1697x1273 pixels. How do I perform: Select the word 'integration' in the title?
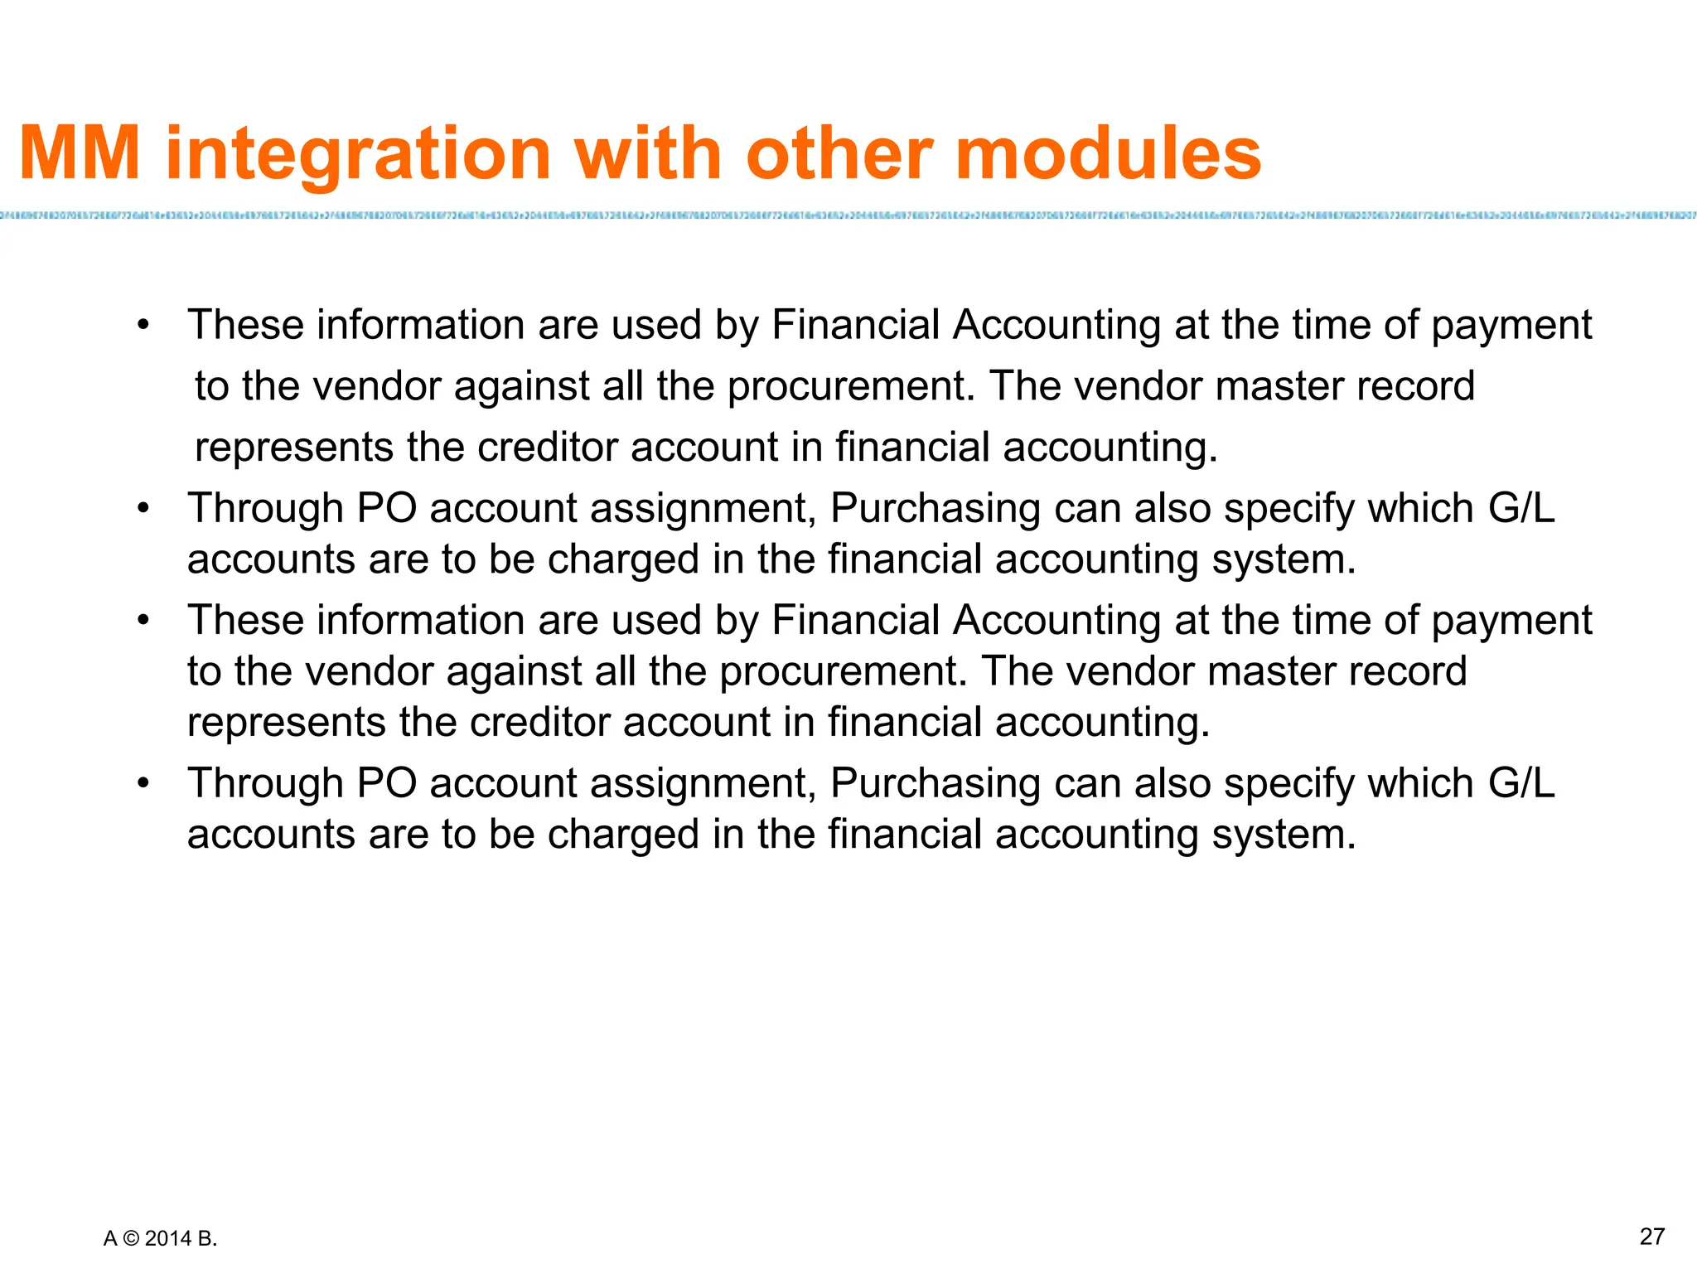358,155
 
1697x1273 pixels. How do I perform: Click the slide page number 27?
1651,1237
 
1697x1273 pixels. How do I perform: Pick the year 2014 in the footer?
168,1239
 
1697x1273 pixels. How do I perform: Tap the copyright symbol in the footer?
131,1239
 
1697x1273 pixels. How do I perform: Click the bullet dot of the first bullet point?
143,325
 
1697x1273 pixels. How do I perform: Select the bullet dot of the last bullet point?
143,783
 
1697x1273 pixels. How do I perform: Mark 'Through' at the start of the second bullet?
265,508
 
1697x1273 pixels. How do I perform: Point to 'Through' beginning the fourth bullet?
265,783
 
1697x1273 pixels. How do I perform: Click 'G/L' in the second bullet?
1521,508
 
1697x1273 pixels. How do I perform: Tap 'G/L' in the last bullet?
1521,783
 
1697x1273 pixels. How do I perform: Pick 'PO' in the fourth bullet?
386,783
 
